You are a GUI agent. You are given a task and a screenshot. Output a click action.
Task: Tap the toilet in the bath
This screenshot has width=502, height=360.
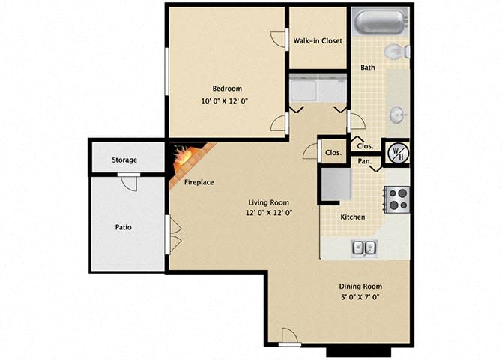pos(395,51)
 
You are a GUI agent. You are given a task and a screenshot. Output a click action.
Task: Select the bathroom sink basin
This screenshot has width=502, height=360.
pos(396,115)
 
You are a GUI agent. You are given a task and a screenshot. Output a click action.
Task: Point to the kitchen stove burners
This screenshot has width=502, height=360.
pos(398,199)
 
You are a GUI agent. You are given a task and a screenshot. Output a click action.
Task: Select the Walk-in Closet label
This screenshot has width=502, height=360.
pos(318,41)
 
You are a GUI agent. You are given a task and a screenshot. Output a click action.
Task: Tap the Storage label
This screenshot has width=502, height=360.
pos(124,160)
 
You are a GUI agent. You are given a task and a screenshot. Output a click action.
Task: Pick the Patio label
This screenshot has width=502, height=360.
pos(124,226)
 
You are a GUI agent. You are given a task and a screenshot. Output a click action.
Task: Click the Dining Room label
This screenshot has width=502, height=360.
pos(361,286)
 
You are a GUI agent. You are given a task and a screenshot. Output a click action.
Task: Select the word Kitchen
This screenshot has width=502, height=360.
pos(353,217)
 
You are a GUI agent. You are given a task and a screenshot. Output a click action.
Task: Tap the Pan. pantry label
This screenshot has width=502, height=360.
pos(365,160)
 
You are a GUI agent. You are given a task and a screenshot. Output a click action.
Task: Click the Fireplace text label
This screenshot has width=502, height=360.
pos(199,182)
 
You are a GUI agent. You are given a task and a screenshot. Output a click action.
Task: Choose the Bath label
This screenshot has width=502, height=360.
pos(368,67)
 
